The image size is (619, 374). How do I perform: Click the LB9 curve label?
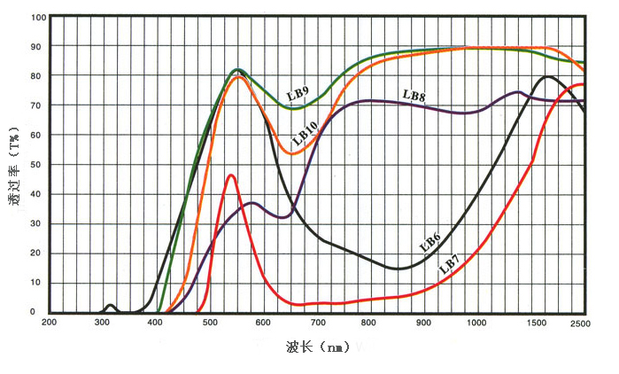click(298, 93)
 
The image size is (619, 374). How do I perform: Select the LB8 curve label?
click(414, 95)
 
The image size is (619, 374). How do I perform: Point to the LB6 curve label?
click(430, 242)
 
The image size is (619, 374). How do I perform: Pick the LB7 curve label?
click(450, 262)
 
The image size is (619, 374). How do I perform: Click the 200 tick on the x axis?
click(50, 323)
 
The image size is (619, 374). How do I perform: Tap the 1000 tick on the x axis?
click(476, 323)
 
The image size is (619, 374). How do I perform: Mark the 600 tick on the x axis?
click(263, 323)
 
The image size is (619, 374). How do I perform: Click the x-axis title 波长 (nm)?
click(316, 348)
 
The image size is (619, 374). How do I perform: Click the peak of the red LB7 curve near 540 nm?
click(231, 175)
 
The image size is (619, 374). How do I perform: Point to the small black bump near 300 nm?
click(110, 306)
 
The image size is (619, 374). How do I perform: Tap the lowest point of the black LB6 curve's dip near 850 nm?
click(400, 269)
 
